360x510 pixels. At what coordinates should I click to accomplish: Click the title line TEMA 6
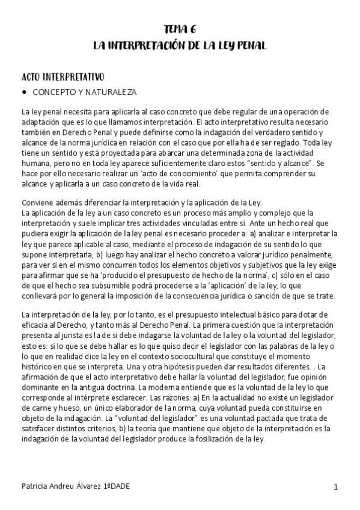180,29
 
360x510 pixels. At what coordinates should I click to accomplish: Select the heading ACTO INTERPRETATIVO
63,77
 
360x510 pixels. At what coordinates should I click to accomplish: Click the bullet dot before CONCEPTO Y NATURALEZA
24,93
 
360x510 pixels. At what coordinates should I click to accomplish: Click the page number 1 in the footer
336,486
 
